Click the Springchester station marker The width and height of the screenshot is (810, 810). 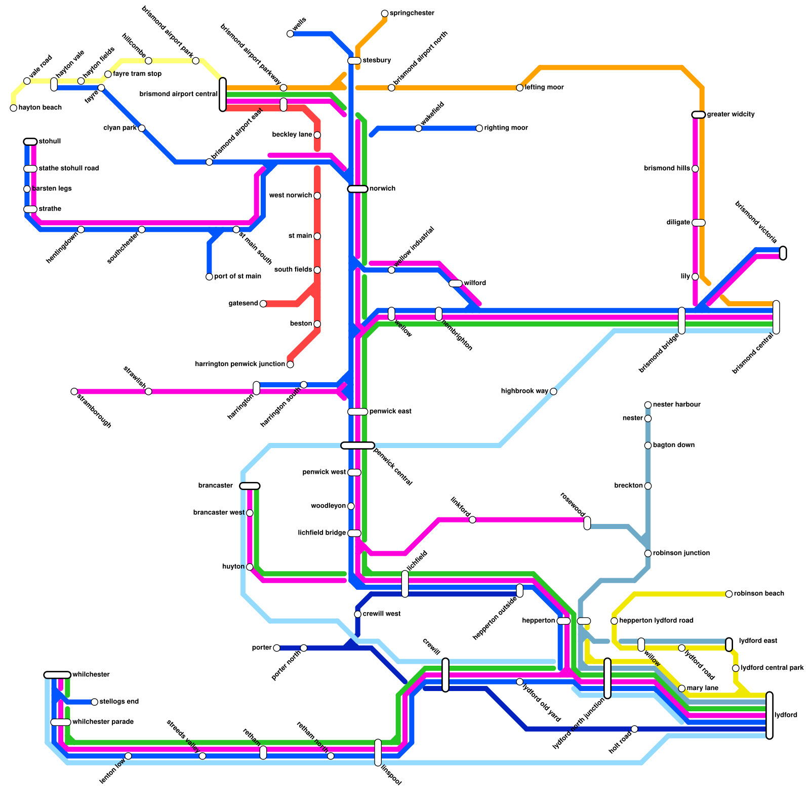coord(385,14)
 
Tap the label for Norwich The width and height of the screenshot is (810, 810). coord(382,189)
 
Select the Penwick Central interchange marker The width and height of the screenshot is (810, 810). coord(357,445)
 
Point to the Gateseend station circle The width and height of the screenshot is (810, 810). coord(263,304)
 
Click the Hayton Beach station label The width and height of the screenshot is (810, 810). coord(40,108)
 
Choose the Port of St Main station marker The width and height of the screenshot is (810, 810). coord(209,277)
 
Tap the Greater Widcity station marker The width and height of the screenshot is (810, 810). coord(699,115)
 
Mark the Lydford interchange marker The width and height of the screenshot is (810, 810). coord(769,715)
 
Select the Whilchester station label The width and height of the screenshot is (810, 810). coord(91,675)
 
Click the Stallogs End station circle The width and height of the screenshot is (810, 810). coord(94,702)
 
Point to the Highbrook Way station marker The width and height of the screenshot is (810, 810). coord(553,391)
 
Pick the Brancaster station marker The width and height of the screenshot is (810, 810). coord(250,486)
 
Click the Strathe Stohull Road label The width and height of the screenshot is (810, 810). coord(68,169)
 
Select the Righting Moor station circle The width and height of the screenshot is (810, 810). coord(479,129)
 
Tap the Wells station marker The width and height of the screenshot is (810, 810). coord(290,34)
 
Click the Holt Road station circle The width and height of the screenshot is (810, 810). coord(634,729)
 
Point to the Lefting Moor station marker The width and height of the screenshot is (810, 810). coord(520,88)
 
